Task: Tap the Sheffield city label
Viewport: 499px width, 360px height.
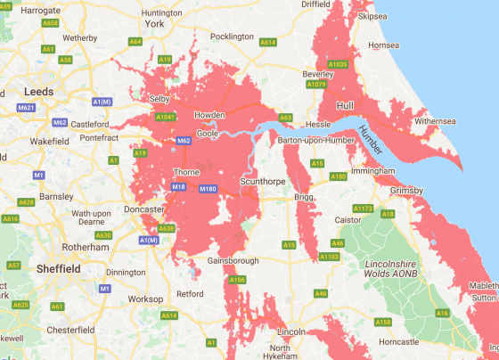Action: click(x=60, y=268)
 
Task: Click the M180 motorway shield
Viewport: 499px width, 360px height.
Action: click(x=208, y=189)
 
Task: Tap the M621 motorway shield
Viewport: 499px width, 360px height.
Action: click(x=26, y=109)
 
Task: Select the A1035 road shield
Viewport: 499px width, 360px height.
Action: click(x=338, y=64)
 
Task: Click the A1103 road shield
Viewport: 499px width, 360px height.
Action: click(x=330, y=257)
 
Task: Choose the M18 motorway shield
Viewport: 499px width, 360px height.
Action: click(x=178, y=186)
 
